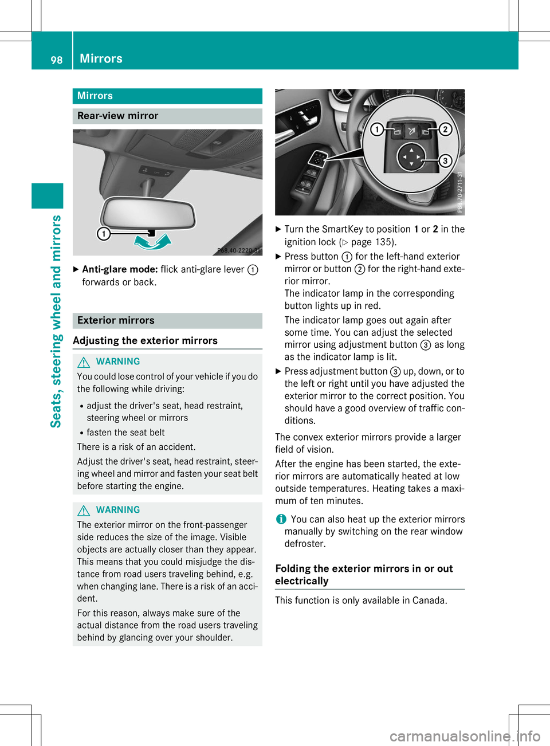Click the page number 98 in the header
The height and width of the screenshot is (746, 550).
pyautogui.click(x=56, y=60)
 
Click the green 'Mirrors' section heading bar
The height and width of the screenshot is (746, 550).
pyautogui.click(x=167, y=96)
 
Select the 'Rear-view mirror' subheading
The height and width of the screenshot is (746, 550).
pyautogui.click(x=118, y=116)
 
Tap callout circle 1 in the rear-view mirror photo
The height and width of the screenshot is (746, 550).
pyautogui.click(x=103, y=233)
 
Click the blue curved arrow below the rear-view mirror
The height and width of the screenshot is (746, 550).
pyautogui.click(x=152, y=242)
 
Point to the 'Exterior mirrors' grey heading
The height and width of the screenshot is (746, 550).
pyautogui.click(x=116, y=320)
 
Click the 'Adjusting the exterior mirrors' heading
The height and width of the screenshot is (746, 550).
pyautogui.click(x=146, y=341)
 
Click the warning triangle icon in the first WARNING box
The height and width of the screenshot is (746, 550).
pyautogui.click(x=84, y=362)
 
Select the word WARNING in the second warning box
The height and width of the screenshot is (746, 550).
pyautogui.click(x=118, y=510)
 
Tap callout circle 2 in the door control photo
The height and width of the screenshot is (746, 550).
pyautogui.click(x=445, y=129)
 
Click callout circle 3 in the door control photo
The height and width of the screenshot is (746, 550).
pyautogui.click(x=445, y=160)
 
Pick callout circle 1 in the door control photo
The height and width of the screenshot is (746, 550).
pyautogui.click(x=376, y=129)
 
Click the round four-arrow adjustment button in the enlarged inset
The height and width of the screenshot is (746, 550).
pyautogui.click(x=411, y=157)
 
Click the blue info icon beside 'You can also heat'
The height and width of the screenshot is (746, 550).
pyautogui.click(x=281, y=519)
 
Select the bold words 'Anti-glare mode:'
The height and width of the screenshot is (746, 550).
pyautogui.click(x=120, y=269)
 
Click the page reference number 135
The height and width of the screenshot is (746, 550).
pyautogui.click(x=384, y=242)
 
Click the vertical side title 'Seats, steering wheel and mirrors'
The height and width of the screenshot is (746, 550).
pyautogui.click(x=56, y=321)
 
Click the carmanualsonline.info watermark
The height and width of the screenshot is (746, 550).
pyautogui.click(x=465, y=736)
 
